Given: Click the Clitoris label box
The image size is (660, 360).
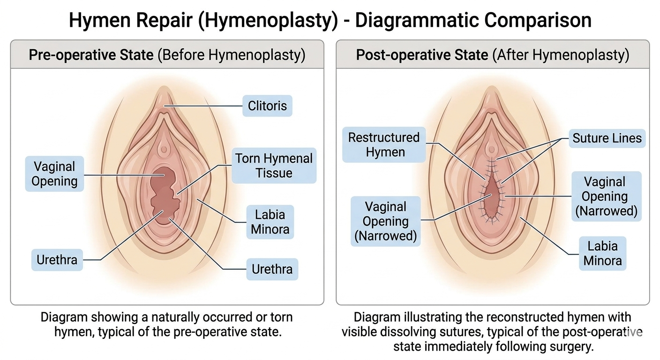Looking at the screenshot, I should pyautogui.click(x=267, y=106).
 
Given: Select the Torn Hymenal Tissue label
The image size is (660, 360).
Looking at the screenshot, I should pyautogui.click(x=274, y=165).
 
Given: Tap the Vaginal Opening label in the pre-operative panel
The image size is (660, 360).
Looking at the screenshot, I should pyautogui.click(x=54, y=174).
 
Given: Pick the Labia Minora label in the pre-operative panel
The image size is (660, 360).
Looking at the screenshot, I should pyautogui.click(x=270, y=222).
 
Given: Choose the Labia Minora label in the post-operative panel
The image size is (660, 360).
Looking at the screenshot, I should pyautogui.click(x=602, y=253).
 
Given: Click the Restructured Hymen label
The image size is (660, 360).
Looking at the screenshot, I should pyautogui.click(x=384, y=144).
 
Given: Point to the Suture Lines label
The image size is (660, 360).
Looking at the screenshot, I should pyautogui.click(x=607, y=138).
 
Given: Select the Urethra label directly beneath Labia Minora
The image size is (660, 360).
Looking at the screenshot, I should pyautogui.click(x=272, y=269).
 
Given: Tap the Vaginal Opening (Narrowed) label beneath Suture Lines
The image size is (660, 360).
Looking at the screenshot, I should pyautogui.click(x=606, y=196).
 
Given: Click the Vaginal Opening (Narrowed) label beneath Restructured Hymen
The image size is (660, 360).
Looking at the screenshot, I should pyautogui.click(x=385, y=221).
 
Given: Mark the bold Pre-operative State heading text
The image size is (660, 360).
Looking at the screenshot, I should pyautogui.click(x=91, y=55).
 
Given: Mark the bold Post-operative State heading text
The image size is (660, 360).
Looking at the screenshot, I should pyautogui.click(x=422, y=55).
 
